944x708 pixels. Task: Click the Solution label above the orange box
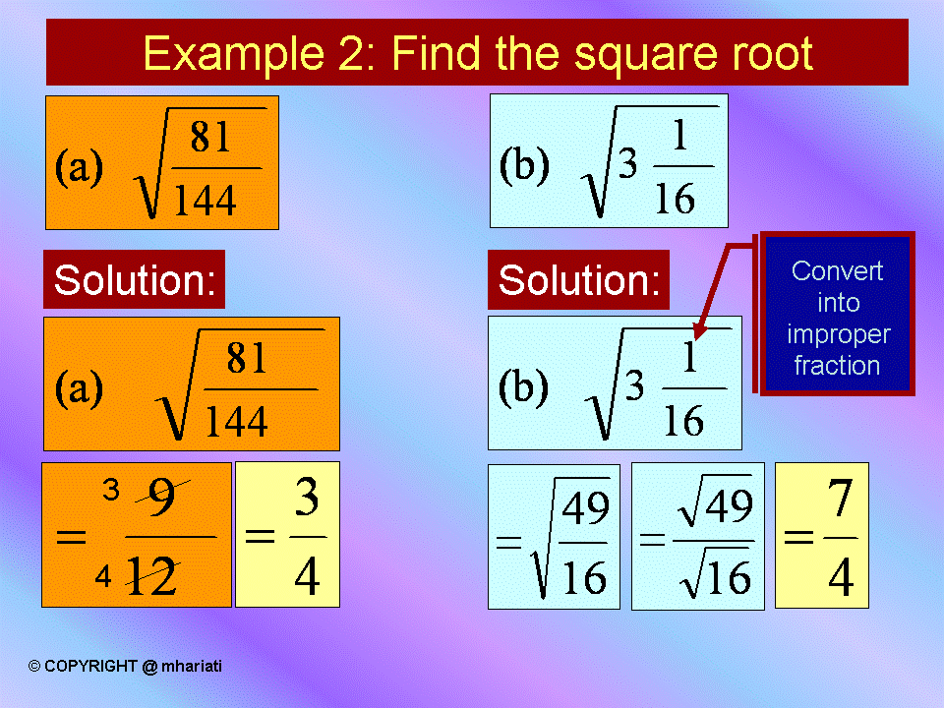coord(134,280)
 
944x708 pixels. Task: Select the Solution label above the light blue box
coord(578,281)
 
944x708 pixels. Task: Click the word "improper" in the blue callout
coord(838,334)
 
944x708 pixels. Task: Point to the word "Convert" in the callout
coord(838,271)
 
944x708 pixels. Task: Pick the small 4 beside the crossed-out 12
coord(102,578)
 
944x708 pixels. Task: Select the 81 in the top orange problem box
coord(210,139)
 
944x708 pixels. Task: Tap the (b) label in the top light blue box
coord(523,164)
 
